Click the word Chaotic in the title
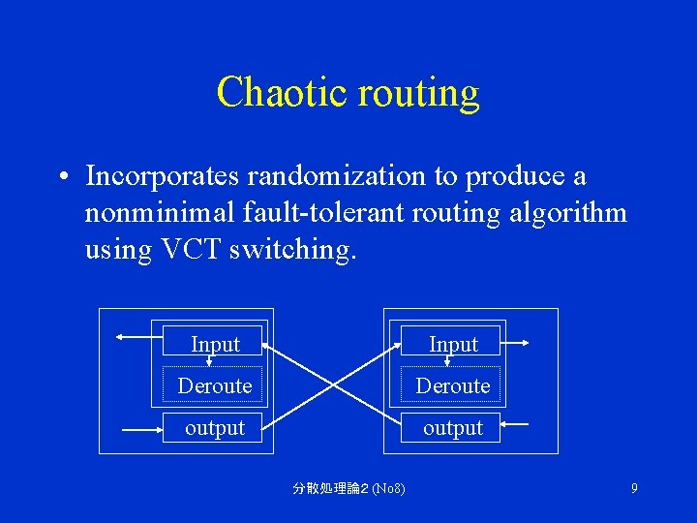coord(282,92)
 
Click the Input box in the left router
coord(215,343)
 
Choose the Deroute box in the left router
coord(214,385)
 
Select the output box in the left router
coord(215,427)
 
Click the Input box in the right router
coord(453,343)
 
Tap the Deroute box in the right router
coord(452,385)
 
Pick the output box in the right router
coord(453,427)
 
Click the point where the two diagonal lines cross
coord(334,385)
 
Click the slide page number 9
coord(634,488)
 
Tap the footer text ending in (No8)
coord(348,488)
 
